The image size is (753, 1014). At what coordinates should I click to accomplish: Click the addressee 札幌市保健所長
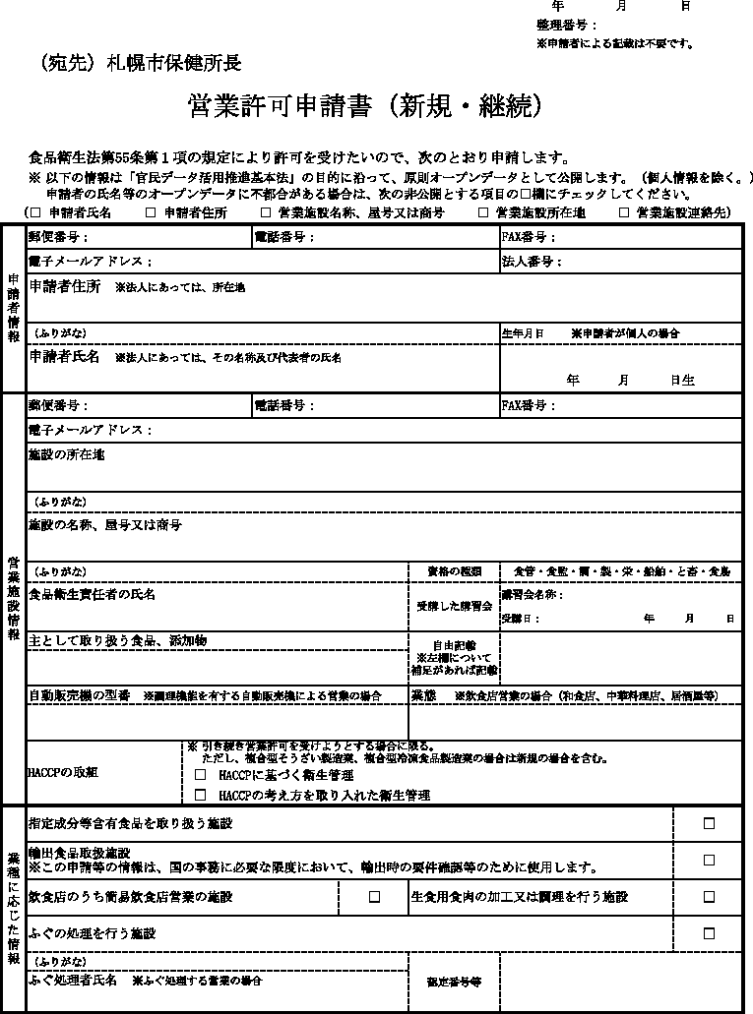click(x=173, y=63)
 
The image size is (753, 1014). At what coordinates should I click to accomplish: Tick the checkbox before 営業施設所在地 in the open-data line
click(x=483, y=211)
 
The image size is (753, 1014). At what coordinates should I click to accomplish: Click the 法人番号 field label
click(x=531, y=262)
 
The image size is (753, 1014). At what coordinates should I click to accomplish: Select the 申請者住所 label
click(x=65, y=286)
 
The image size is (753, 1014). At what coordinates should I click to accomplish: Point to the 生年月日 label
click(x=522, y=333)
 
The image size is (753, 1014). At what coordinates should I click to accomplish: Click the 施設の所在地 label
click(x=66, y=454)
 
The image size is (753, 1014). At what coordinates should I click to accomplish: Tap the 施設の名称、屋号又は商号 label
click(x=104, y=525)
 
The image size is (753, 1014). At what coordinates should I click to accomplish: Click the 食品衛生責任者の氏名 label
click(x=92, y=595)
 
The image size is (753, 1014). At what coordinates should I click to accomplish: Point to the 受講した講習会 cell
click(x=454, y=606)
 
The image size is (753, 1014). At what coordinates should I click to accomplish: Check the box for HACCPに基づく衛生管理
click(x=201, y=776)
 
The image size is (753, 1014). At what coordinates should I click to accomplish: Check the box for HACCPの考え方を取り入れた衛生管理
click(x=201, y=795)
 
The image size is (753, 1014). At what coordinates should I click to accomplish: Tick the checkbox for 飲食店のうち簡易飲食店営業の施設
click(x=374, y=897)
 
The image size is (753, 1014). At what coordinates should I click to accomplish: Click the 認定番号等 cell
click(x=454, y=982)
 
